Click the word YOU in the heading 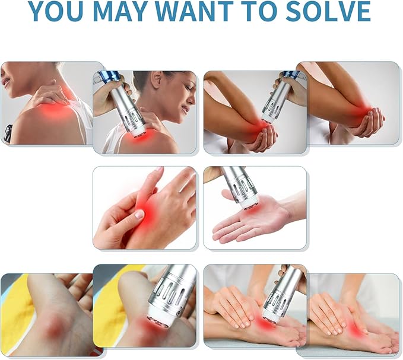(x=56, y=11)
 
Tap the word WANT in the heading (x=197, y=11)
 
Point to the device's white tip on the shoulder (x=138, y=131)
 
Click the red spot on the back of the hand (x=147, y=210)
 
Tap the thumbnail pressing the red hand (x=139, y=214)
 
